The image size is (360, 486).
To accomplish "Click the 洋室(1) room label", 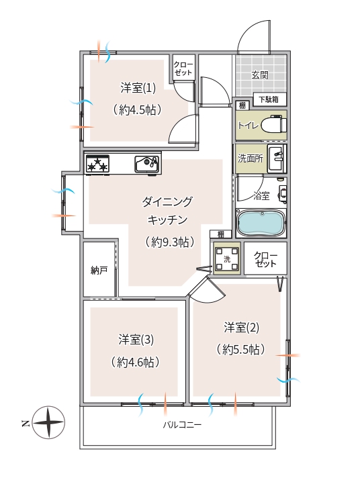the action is point(138,88).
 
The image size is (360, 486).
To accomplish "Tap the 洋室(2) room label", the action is point(241,328).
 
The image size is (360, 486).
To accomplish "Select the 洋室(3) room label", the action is point(136,340).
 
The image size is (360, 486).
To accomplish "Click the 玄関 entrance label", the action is point(260,75).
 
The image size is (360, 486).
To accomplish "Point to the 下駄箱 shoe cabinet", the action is point(269,99).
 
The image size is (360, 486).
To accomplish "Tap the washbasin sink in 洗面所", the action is point(277,158).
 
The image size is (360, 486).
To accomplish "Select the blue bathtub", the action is point(261,223).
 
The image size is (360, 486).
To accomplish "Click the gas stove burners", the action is point(97,164).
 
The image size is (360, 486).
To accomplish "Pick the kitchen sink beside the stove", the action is point(147,164).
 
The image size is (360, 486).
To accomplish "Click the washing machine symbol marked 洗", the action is point(227,259).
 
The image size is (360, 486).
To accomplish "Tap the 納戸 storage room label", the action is point(99,271).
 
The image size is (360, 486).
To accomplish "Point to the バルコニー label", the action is point(182,424).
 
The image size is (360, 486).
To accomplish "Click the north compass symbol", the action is point(48,422).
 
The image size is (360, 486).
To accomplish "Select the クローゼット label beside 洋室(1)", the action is point(183,69).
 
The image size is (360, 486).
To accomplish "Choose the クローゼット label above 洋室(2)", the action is point(265,259).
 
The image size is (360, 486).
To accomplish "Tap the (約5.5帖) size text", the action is point(241,350).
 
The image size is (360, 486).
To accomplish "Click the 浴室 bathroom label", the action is point(261,195).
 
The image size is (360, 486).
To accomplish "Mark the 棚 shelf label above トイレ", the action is point(242,105).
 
